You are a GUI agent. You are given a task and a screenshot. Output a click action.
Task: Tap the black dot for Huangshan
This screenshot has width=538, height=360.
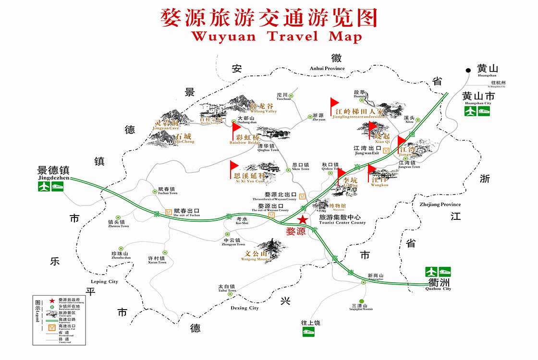[468, 71]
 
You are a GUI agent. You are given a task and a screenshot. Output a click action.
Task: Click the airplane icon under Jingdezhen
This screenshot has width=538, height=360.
[44, 186]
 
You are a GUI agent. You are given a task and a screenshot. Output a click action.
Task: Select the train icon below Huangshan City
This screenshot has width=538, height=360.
[484, 111]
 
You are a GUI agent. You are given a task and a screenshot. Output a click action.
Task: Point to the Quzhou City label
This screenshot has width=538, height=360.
[438, 288]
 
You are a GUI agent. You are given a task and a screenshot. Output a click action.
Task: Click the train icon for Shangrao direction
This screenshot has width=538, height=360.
[308, 332]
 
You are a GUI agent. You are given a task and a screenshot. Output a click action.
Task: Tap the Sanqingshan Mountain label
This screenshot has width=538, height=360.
[362, 309]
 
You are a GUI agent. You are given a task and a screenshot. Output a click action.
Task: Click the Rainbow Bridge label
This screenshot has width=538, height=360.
[245, 143]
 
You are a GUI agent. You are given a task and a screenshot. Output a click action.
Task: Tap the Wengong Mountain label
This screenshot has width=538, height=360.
[256, 259]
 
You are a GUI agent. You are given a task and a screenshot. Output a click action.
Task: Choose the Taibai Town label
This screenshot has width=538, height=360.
[227, 290]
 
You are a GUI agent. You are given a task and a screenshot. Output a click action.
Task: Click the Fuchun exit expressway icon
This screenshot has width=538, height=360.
[169, 211]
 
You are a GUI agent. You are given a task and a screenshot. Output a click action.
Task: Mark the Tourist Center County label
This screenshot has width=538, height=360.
[342, 222]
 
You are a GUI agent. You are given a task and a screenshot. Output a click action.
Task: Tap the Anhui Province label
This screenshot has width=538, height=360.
[327, 68]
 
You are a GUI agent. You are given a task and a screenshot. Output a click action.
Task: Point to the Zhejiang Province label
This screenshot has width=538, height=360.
[440, 204]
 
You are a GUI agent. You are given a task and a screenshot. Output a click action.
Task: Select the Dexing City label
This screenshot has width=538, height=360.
[245, 308]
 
